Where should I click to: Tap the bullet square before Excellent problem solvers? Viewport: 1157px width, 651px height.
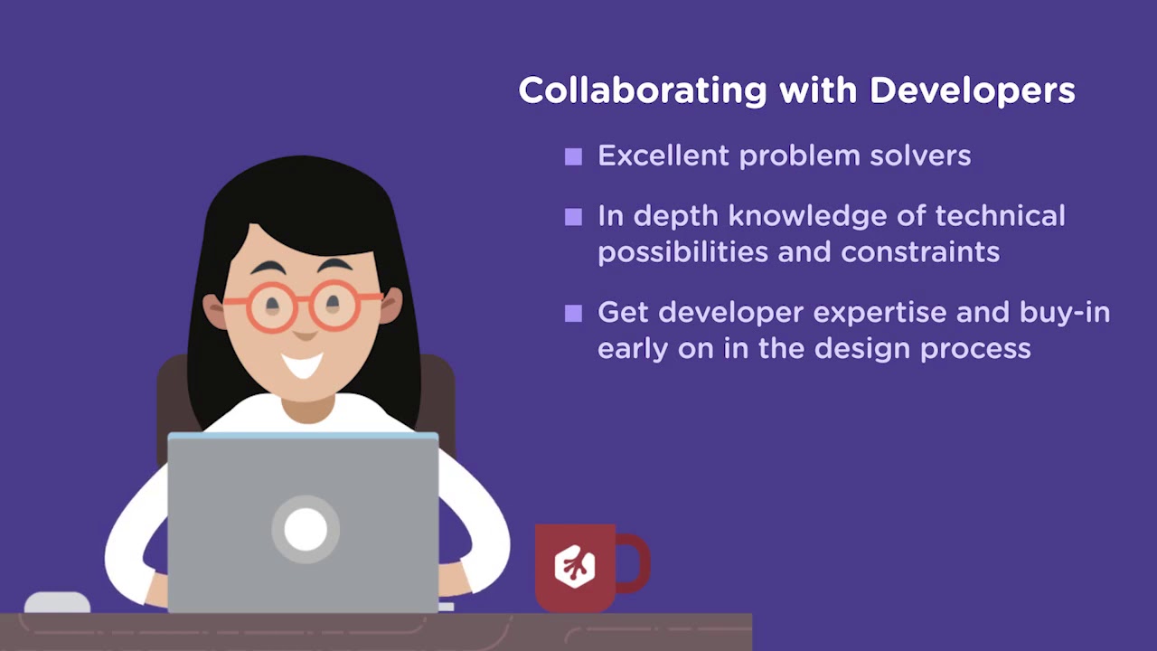(x=573, y=157)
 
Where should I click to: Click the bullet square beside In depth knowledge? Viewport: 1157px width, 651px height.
(x=573, y=217)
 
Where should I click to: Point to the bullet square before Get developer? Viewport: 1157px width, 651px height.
(x=573, y=314)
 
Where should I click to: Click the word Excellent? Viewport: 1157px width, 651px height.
(x=663, y=156)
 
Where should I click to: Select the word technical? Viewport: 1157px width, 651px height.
(x=1000, y=216)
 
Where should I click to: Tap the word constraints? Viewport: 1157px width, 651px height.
(x=920, y=251)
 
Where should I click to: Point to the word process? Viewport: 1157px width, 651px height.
(x=975, y=349)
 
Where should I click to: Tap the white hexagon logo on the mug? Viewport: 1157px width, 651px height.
(x=574, y=566)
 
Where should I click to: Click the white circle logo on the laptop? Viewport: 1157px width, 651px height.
(x=305, y=529)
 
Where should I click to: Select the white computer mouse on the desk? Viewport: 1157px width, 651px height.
(x=57, y=603)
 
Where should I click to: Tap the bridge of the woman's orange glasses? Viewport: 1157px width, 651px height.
(x=303, y=299)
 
